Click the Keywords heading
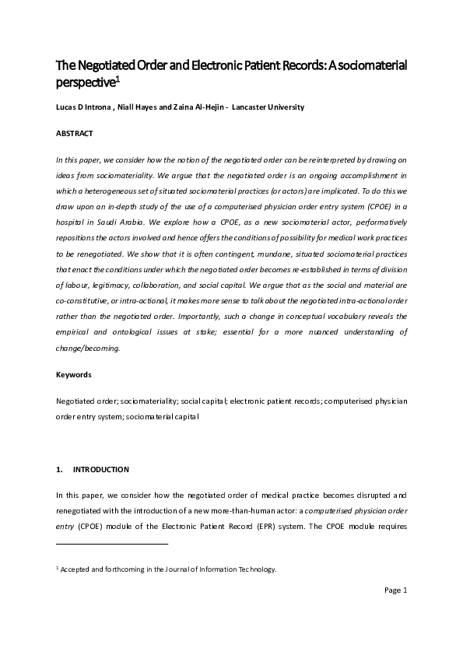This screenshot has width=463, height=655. click(x=74, y=375)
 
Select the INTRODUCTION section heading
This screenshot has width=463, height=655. click(x=100, y=470)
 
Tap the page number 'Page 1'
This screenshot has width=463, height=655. click(x=396, y=590)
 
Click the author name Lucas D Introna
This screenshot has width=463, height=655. click(x=86, y=107)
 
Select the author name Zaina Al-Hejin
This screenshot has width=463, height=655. click(x=201, y=107)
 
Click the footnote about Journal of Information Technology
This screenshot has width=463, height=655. click(x=168, y=569)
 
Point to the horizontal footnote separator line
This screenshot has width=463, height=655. click(x=112, y=545)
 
